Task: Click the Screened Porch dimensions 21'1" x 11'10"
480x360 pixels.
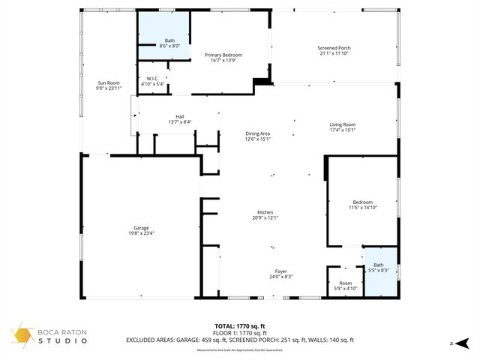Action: (x=334, y=53)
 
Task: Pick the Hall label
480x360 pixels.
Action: (x=180, y=116)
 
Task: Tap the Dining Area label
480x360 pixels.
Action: (x=257, y=133)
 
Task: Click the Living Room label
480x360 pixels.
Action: (x=343, y=124)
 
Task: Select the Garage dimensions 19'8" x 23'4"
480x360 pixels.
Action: (x=140, y=233)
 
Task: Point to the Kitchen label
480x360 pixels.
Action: (x=265, y=213)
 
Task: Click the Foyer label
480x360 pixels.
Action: (x=280, y=271)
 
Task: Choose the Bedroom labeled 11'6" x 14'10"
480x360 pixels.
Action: (x=362, y=202)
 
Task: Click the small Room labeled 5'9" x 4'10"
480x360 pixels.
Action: (x=345, y=283)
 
